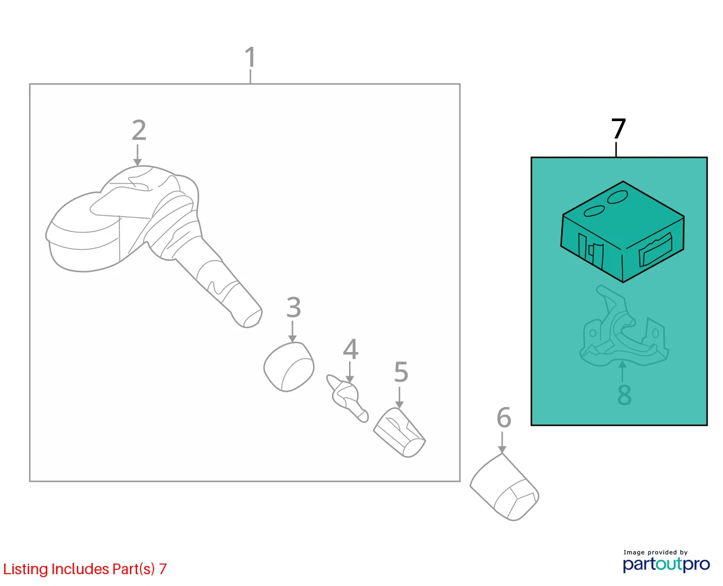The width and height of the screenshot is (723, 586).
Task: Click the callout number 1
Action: pos(250,57)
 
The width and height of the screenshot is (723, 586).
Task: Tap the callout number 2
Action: pos(139,130)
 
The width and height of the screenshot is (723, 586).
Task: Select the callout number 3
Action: pos(293,307)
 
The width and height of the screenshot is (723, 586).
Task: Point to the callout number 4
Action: pos(350,349)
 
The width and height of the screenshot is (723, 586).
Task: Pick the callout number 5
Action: pos(401,372)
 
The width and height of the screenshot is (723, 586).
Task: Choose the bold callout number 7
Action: pos(618,129)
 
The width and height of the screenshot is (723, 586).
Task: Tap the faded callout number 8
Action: pos(624,395)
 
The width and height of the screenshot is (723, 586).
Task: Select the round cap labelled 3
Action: pos(289,367)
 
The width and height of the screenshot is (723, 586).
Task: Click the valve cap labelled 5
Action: pos(399,432)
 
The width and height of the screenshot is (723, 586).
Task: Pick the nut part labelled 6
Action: pos(504,487)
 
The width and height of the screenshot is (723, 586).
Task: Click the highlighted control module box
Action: pos(622,232)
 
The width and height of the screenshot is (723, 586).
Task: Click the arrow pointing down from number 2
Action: pos(138,155)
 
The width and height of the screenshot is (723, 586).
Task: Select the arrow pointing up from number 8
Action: pos(622,372)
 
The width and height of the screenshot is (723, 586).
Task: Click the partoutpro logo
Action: pos(666,564)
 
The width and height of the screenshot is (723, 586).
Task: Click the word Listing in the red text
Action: pos(25,569)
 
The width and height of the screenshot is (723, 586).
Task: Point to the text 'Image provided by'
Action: pos(656,552)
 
